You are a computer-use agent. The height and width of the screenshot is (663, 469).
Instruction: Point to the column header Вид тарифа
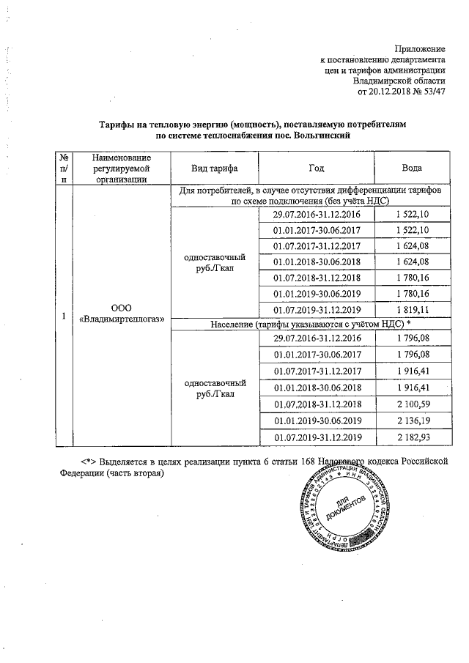[214, 168]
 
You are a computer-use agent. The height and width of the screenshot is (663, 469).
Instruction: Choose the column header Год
[317, 168]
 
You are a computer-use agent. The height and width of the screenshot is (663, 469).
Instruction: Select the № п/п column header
[64, 168]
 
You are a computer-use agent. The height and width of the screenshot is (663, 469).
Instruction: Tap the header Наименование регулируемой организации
[122, 168]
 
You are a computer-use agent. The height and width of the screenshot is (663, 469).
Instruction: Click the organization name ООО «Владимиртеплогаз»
[122, 313]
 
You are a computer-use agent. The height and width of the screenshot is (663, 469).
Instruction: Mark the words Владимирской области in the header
[399, 81]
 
